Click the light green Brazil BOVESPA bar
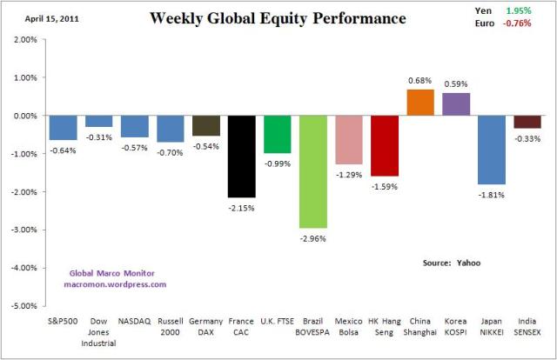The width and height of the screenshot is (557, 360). (x=312, y=171)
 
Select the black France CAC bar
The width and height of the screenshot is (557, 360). (x=241, y=156)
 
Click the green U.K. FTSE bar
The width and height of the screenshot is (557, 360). (x=277, y=134)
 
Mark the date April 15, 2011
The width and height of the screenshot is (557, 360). (x=51, y=16)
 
